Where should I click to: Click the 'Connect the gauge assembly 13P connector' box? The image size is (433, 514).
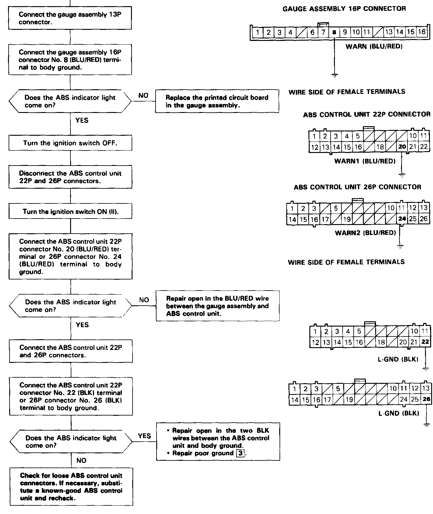[70, 18]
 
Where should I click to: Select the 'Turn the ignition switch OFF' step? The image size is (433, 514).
[70, 143]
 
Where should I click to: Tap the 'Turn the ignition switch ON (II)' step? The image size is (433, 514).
[70, 212]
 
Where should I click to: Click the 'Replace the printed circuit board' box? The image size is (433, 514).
[217, 101]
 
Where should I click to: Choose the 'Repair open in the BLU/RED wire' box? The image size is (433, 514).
[217, 306]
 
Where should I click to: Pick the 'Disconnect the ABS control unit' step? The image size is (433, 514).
[70, 177]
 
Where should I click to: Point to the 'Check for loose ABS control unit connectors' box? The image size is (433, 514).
[71, 487]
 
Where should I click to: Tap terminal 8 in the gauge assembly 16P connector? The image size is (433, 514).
[334, 32]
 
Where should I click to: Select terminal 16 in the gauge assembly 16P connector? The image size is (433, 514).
[422, 32]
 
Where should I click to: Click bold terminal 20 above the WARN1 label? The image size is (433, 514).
[402, 147]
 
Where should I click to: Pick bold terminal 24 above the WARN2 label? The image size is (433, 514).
[402, 219]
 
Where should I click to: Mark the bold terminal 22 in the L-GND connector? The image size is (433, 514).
[425, 342]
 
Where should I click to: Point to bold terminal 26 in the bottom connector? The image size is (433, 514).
[426, 400]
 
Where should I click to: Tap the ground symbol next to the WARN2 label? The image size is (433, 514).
[400, 246]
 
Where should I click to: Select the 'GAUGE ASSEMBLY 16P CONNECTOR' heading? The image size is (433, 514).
[344, 9]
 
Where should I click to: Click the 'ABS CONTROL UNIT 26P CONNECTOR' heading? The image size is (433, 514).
[357, 187]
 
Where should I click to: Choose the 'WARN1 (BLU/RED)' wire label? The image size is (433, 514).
[365, 161]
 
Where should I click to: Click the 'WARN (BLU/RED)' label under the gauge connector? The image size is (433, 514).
[374, 46]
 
